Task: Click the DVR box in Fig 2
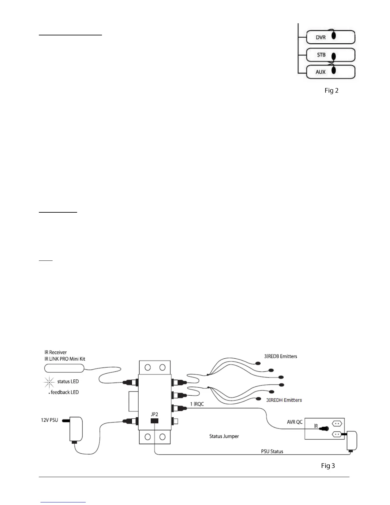(x=330, y=37)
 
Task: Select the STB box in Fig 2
(x=330, y=55)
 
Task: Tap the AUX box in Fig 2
(x=330, y=72)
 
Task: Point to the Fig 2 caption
(x=331, y=91)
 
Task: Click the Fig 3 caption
(x=328, y=466)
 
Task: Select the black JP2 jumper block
(x=155, y=421)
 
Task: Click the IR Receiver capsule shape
(x=64, y=368)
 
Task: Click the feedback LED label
(x=64, y=392)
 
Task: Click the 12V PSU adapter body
(x=76, y=429)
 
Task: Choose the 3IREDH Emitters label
(x=284, y=400)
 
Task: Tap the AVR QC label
(x=295, y=422)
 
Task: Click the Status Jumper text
(x=224, y=436)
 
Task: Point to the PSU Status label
(x=272, y=451)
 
